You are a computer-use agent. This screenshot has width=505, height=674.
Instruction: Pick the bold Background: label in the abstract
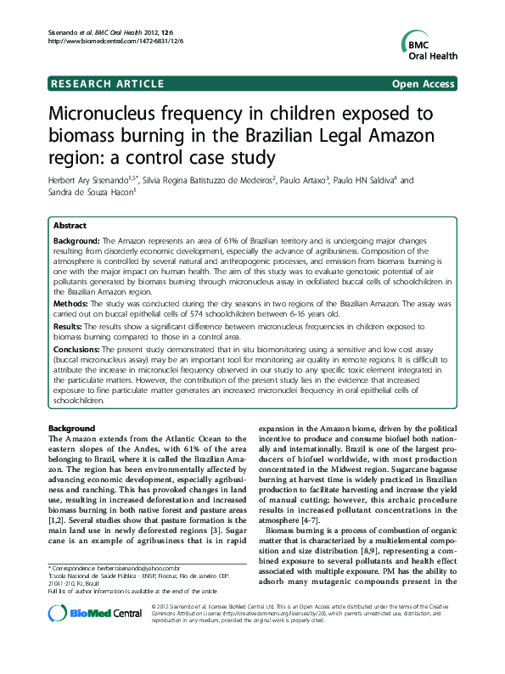click(77, 242)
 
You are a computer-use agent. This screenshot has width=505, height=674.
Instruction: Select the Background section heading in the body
click(71, 428)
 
